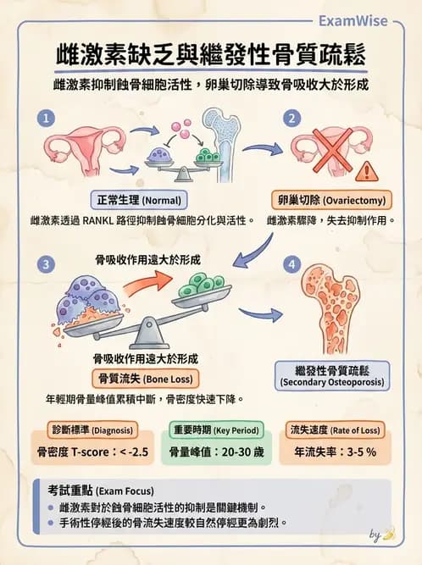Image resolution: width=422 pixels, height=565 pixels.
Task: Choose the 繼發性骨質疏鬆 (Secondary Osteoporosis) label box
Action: [x=333, y=375]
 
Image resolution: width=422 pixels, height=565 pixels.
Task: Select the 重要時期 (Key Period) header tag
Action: [x=215, y=429]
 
